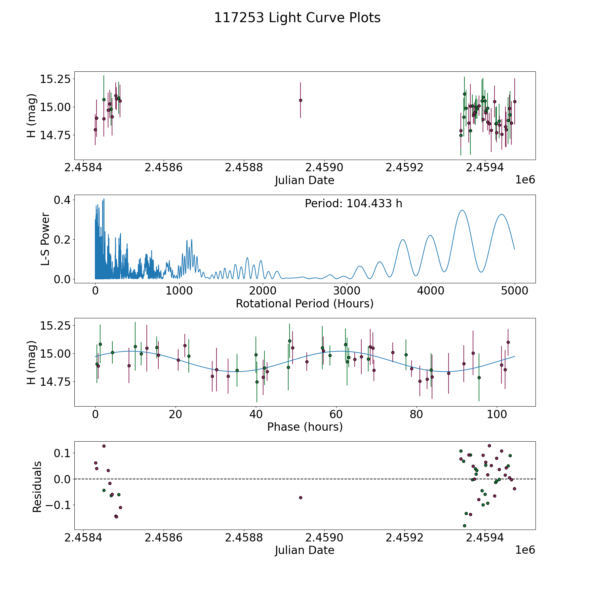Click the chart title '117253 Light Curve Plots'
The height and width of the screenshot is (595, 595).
(297, 18)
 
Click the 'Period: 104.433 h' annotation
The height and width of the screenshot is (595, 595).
(353, 204)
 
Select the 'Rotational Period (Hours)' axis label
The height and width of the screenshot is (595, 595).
(304, 303)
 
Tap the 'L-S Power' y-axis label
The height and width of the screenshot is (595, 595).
(45, 239)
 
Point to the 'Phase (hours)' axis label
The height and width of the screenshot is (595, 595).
(304, 427)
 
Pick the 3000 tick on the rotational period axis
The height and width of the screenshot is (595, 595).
(347, 291)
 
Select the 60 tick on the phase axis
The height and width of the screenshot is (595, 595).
(336, 414)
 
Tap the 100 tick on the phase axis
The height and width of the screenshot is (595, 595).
(496, 414)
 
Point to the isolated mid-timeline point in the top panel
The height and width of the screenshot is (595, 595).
(300, 100)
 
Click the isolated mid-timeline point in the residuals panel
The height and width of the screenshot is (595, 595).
(300, 497)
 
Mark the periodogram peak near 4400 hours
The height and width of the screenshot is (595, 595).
(462, 210)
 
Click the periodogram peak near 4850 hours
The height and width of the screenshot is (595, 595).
(502, 214)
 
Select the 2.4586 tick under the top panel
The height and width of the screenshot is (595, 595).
(163, 168)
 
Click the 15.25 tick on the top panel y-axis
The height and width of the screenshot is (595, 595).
(55, 79)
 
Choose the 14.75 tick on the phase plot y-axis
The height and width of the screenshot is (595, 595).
(55, 381)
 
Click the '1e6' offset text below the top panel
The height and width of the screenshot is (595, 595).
(525, 180)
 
